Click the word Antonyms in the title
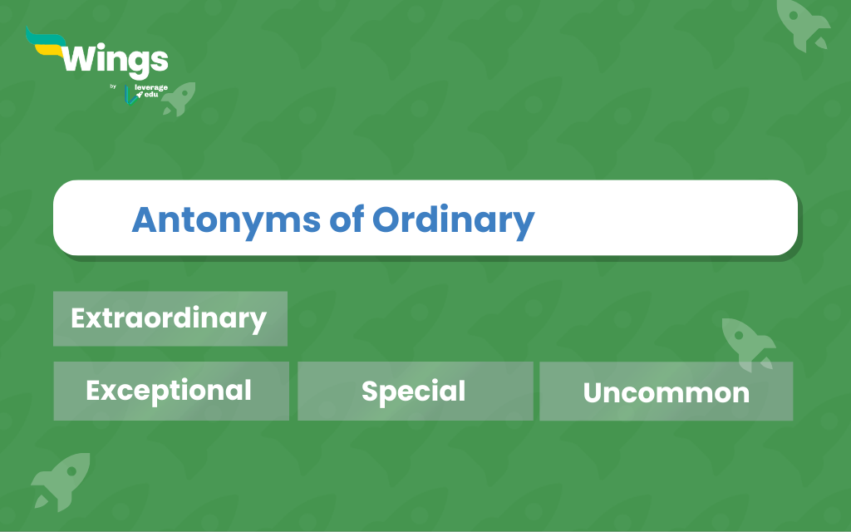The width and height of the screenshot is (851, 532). tap(226, 220)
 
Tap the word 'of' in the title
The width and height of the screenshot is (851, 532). tap(347, 219)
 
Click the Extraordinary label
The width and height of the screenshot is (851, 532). tap(170, 318)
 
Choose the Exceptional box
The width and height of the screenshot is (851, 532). tap(171, 391)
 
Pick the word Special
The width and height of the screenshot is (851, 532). tap(414, 392)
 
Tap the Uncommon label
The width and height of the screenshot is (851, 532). tap(666, 392)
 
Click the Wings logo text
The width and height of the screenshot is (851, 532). tap(115, 60)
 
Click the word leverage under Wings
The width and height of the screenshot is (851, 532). tap(151, 87)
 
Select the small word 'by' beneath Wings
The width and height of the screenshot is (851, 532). tap(113, 86)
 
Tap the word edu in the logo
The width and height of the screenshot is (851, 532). tap(151, 95)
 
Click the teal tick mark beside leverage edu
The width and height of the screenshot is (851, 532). tap(130, 95)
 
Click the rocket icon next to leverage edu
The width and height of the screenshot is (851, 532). tap(180, 99)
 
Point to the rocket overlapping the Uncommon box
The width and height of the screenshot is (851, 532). tap(749, 343)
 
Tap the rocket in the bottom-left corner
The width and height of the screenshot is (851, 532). tap(61, 481)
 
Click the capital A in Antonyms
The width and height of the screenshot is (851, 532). tap(145, 219)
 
